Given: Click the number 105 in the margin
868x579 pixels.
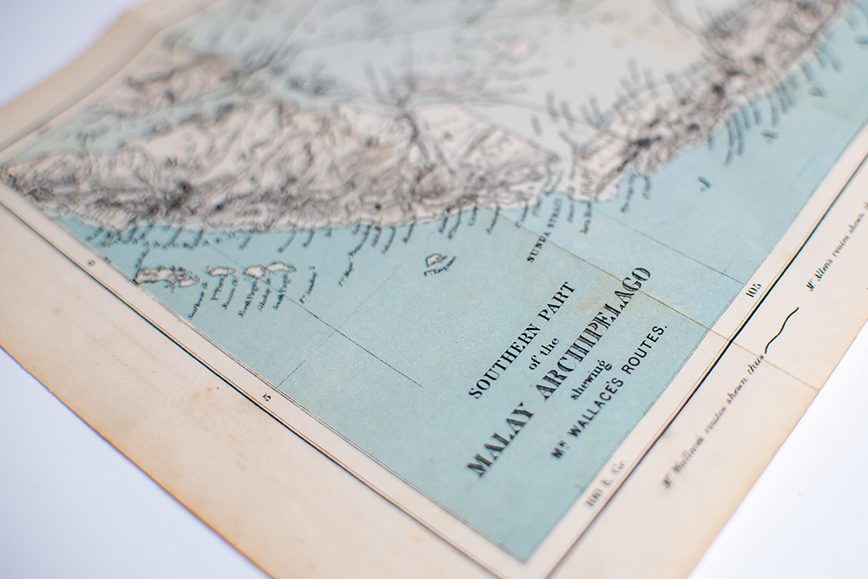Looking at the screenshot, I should (x=752, y=289).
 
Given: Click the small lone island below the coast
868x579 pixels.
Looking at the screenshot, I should (x=436, y=260).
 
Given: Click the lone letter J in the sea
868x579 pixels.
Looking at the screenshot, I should (x=704, y=182).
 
